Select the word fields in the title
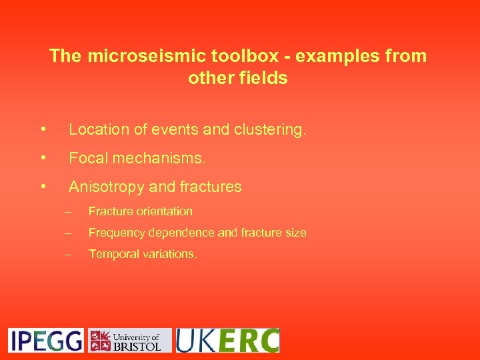pos(265,78)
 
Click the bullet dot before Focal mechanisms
pos(43,159)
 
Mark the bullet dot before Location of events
pos(43,130)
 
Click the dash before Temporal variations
pos(67,254)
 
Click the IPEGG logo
pos(46,340)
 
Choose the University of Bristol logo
pos(130,340)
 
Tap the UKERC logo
pos(227,340)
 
